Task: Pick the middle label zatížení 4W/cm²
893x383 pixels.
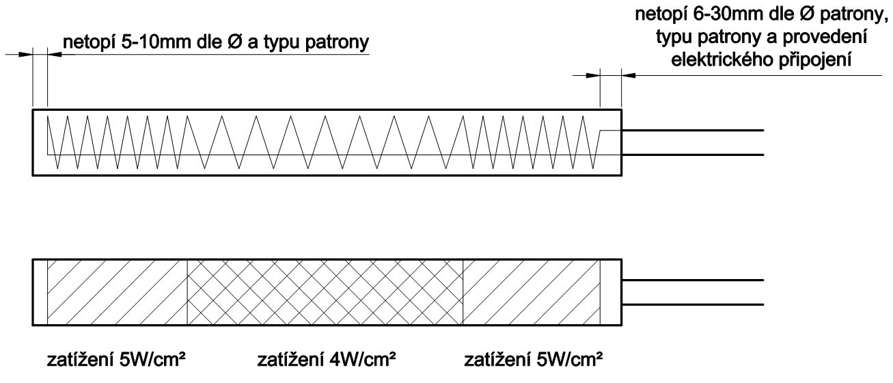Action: (x=326, y=360)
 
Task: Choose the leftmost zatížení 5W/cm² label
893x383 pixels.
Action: (x=115, y=360)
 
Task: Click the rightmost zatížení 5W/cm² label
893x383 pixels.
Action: (x=533, y=360)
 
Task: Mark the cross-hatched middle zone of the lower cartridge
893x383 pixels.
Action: (x=325, y=292)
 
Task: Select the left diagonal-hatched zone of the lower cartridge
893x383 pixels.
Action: (x=117, y=292)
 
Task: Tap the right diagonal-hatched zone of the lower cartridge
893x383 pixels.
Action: (x=531, y=292)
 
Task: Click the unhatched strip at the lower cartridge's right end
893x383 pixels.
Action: (x=610, y=292)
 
